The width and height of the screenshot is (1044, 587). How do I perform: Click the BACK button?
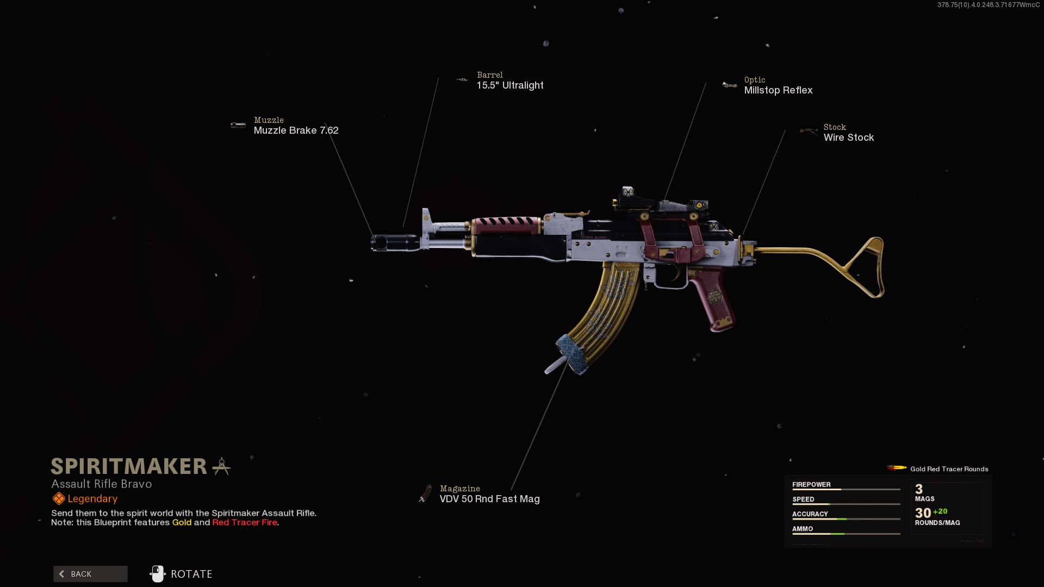pyautogui.click(x=90, y=574)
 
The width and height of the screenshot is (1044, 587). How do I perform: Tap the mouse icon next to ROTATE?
pyautogui.click(x=158, y=574)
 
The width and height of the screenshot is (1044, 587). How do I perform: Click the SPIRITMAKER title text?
pyautogui.click(x=129, y=466)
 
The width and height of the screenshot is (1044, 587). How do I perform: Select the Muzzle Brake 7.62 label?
pyautogui.click(x=296, y=130)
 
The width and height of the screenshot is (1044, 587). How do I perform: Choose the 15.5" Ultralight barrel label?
pyautogui.click(x=510, y=85)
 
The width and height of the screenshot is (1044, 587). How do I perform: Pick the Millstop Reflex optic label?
pyautogui.click(x=778, y=90)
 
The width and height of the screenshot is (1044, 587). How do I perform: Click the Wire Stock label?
pyautogui.click(x=848, y=138)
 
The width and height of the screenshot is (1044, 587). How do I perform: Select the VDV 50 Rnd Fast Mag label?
pyautogui.click(x=489, y=499)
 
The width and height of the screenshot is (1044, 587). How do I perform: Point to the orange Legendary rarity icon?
pyautogui.click(x=58, y=498)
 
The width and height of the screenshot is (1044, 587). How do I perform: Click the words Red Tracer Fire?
pyautogui.click(x=245, y=522)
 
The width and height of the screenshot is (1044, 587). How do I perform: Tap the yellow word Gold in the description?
pyautogui.click(x=182, y=522)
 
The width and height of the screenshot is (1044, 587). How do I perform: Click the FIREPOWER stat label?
pyautogui.click(x=811, y=484)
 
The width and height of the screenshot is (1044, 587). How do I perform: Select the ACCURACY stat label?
pyautogui.click(x=810, y=514)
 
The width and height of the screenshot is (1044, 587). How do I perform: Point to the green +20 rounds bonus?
pyautogui.click(x=940, y=511)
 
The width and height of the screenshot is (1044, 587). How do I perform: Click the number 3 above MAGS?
pyautogui.click(x=919, y=489)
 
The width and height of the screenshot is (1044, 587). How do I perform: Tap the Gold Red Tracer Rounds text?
pyautogui.click(x=949, y=469)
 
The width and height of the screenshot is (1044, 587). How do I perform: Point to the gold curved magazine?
pyautogui.click(x=604, y=315)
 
